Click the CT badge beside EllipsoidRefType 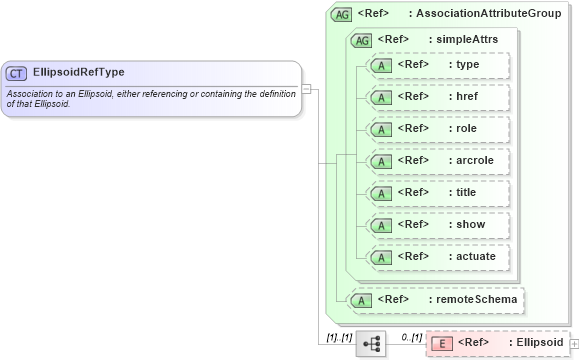(x=17, y=73)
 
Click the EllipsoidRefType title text (x=79, y=72)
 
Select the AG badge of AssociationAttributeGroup (x=341, y=14)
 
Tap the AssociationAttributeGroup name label (x=488, y=14)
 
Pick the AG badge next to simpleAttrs (x=360, y=40)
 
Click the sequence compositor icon (x=370, y=343)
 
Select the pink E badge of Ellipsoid (x=441, y=343)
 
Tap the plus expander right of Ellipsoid (x=574, y=343)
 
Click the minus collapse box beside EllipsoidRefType (x=307, y=88)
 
